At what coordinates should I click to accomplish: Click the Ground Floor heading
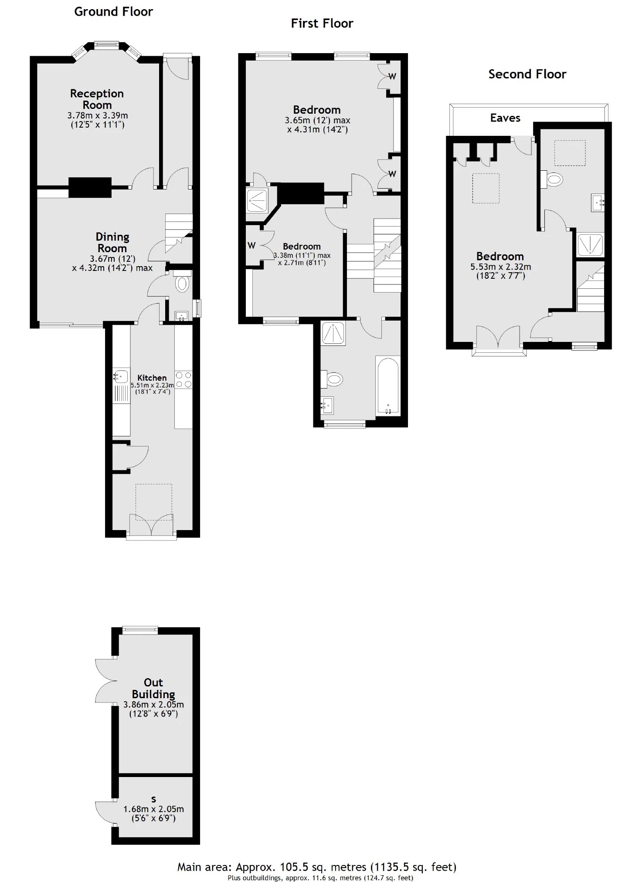click(113, 12)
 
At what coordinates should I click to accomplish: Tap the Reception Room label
click(97, 99)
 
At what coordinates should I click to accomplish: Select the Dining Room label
click(112, 243)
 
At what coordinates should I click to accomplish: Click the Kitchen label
click(152, 378)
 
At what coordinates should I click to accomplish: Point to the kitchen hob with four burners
click(183, 379)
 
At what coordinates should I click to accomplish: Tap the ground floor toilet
click(182, 284)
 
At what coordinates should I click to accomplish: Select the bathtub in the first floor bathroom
click(387, 386)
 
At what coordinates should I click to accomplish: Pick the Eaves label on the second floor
click(505, 118)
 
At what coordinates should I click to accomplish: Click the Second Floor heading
click(527, 74)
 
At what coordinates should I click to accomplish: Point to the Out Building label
click(153, 688)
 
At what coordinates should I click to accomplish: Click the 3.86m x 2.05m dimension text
click(153, 705)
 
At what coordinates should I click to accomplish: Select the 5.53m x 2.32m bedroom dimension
click(501, 267)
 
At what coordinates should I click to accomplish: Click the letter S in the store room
click(153, 799)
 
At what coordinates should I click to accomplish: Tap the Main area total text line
click(317, 867)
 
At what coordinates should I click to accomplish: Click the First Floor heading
click(322, 24)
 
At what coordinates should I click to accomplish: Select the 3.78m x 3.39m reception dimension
click(98, 115)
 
